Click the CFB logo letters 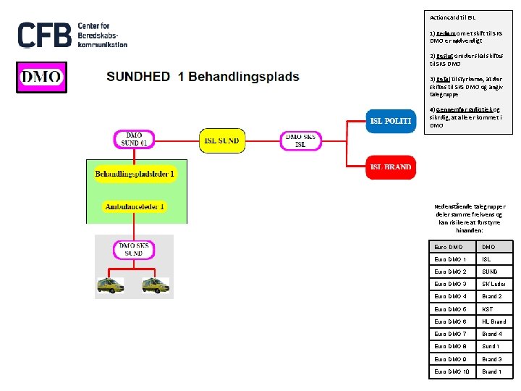[x=44, y=35]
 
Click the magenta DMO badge [x=41, y=77]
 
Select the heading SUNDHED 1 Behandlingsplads [x=203, y=77]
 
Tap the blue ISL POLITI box [x=391, y=121]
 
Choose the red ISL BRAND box [x=391, y=167]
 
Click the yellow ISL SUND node [x=222, y=140]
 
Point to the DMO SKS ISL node [x=300, y=140]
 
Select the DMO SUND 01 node [x=135, y=139]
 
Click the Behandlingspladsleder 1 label [x=135, y=174]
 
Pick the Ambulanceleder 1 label [x=135, y=206]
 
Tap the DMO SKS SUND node [x=134, y=249]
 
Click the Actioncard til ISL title [x=453, y=17]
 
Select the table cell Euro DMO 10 [x=452, y=371]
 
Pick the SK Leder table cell [x=495, y=284]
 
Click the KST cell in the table [x=495, y=309]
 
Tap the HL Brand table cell [x=495, y=321]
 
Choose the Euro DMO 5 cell [x=452, y=309]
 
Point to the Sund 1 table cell [x=495, y=346]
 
